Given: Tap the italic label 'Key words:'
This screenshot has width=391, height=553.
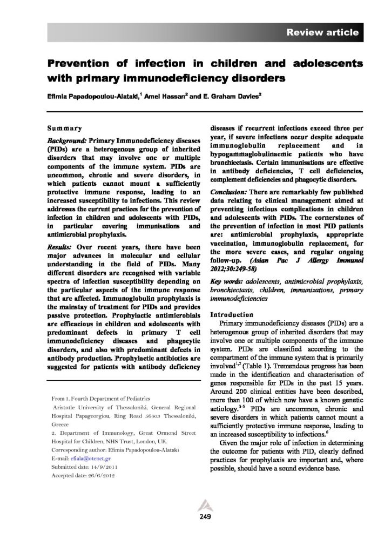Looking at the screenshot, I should [226, 282].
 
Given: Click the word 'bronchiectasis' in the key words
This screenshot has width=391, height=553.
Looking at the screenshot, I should [234, 290].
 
